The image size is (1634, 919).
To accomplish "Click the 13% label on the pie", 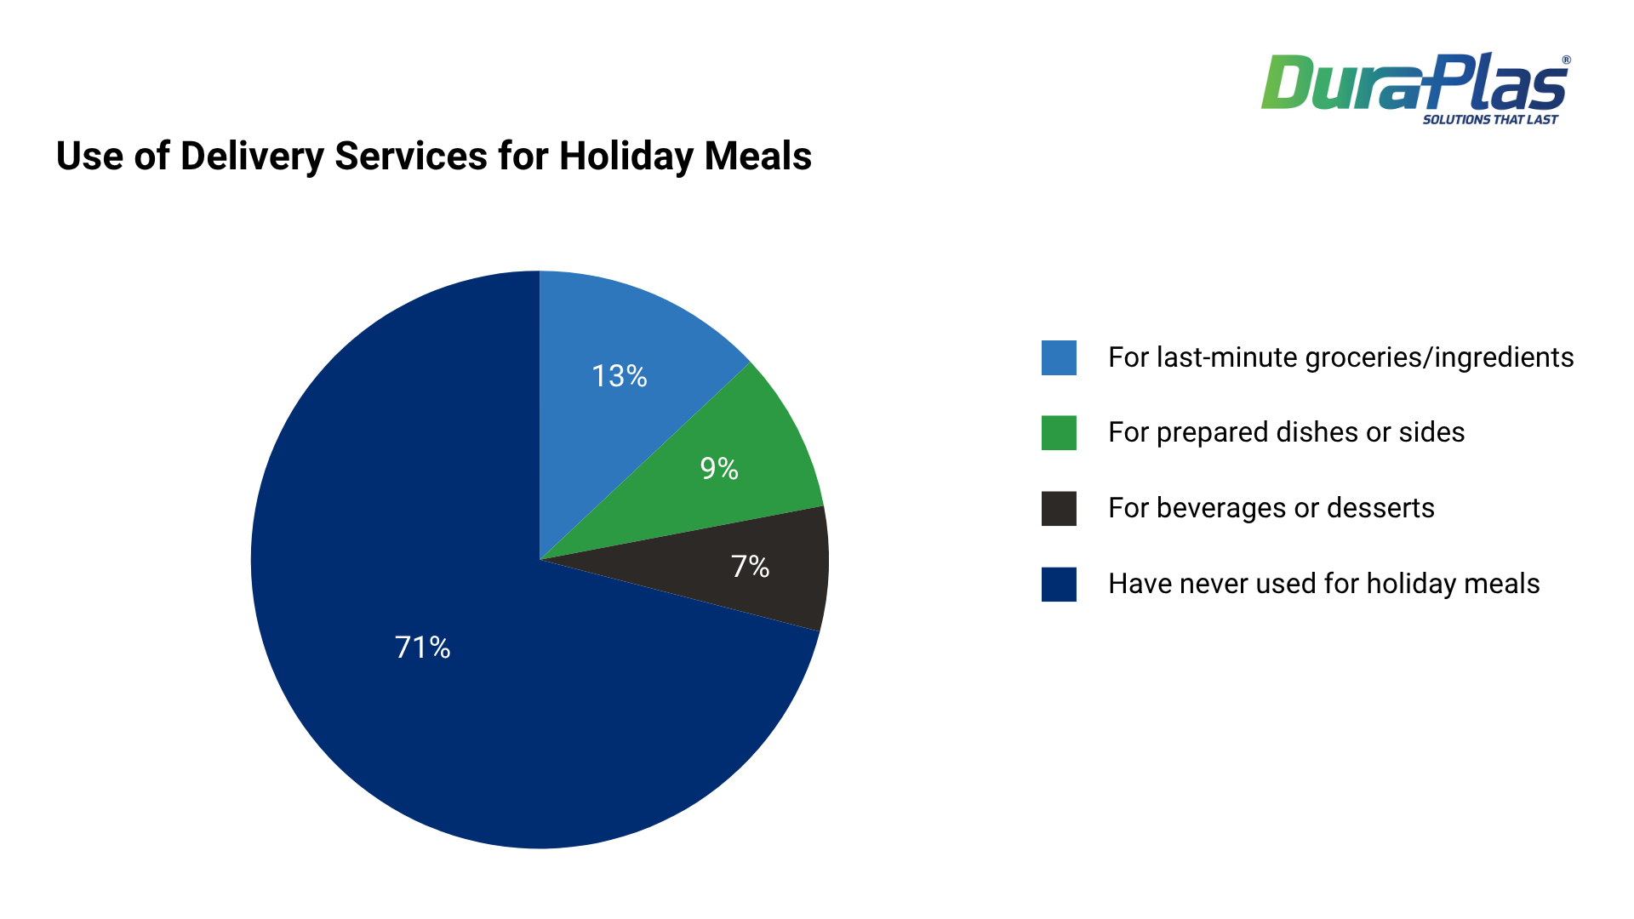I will click(x=620, y=376).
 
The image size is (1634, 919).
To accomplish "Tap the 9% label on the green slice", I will click(x=719, y=468).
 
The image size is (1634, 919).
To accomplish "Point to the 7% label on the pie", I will click(x=750, y=566).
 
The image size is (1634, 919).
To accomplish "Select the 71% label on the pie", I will click(x=422, y=648).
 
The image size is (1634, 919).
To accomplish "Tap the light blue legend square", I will click(x=1059, y=357).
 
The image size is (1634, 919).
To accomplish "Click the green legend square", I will click(x=1059, y=432).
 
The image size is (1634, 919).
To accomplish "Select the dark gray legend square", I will click(x=1059, y=508).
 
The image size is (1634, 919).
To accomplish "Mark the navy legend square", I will click(x=1059, y=584).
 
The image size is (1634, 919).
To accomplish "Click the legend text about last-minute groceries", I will click(x=1340, y=357).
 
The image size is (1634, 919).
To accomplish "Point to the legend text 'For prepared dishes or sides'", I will click(x=1286, y=432).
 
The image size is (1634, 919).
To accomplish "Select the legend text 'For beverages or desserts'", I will click(x=1271, y=508).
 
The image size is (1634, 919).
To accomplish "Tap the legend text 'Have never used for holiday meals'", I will click(x=1323, y=584).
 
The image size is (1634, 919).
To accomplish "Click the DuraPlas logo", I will click(x=1414, y=83).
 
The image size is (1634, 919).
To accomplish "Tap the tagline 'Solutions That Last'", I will click(x=1489, y=120).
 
